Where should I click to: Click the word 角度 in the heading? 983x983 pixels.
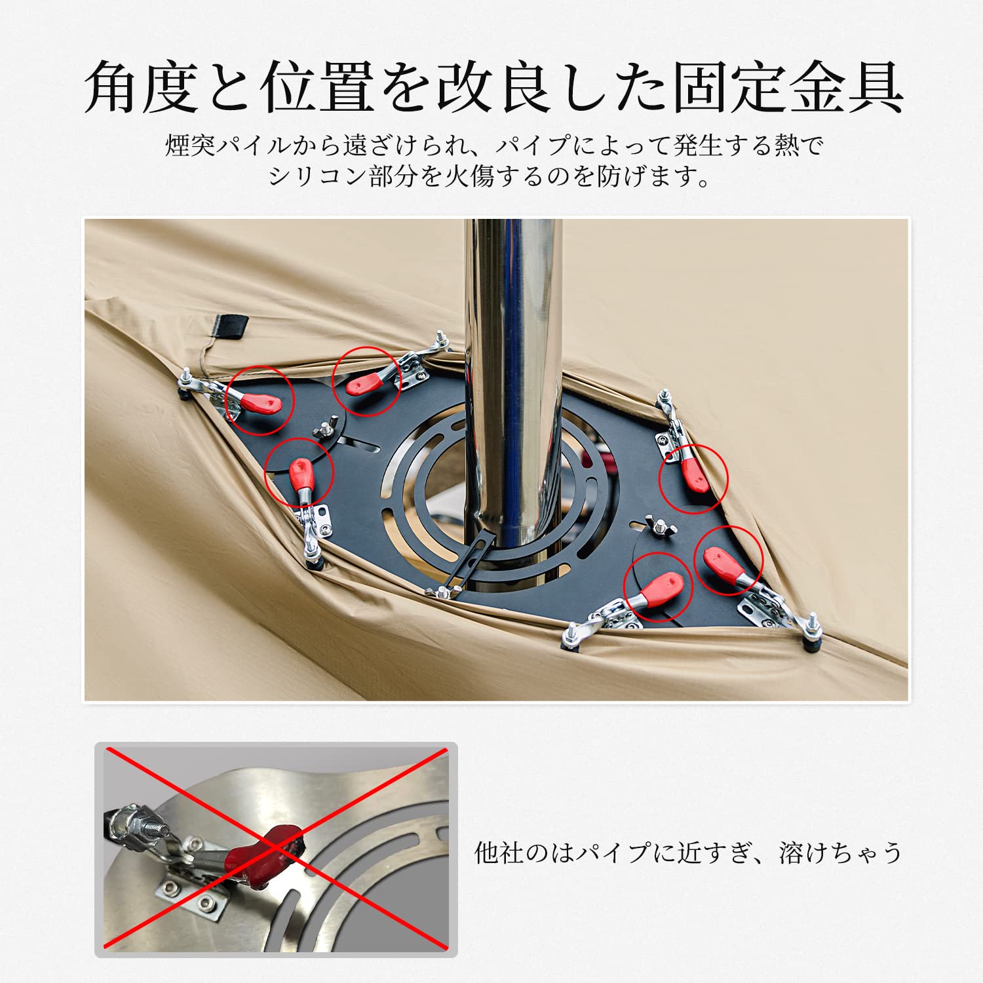tap(141, 87)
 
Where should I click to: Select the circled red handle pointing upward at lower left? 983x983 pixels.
tap(301, 475)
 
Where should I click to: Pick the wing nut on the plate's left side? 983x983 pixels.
tap(324, 429)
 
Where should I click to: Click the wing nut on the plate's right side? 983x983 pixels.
tap(659, 524)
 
